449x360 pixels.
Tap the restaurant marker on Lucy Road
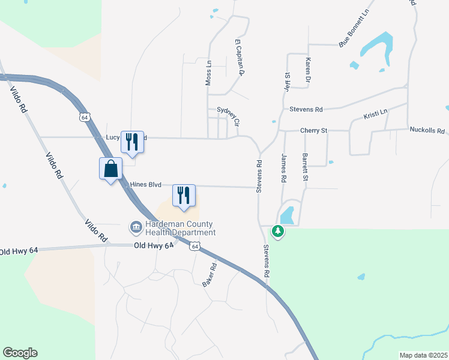132,142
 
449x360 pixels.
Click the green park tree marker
277,230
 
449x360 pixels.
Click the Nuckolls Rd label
427,130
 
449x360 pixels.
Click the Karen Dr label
308,70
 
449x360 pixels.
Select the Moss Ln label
209,73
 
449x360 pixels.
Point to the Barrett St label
305,167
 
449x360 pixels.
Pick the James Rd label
284,167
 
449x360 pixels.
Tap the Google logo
20,353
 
